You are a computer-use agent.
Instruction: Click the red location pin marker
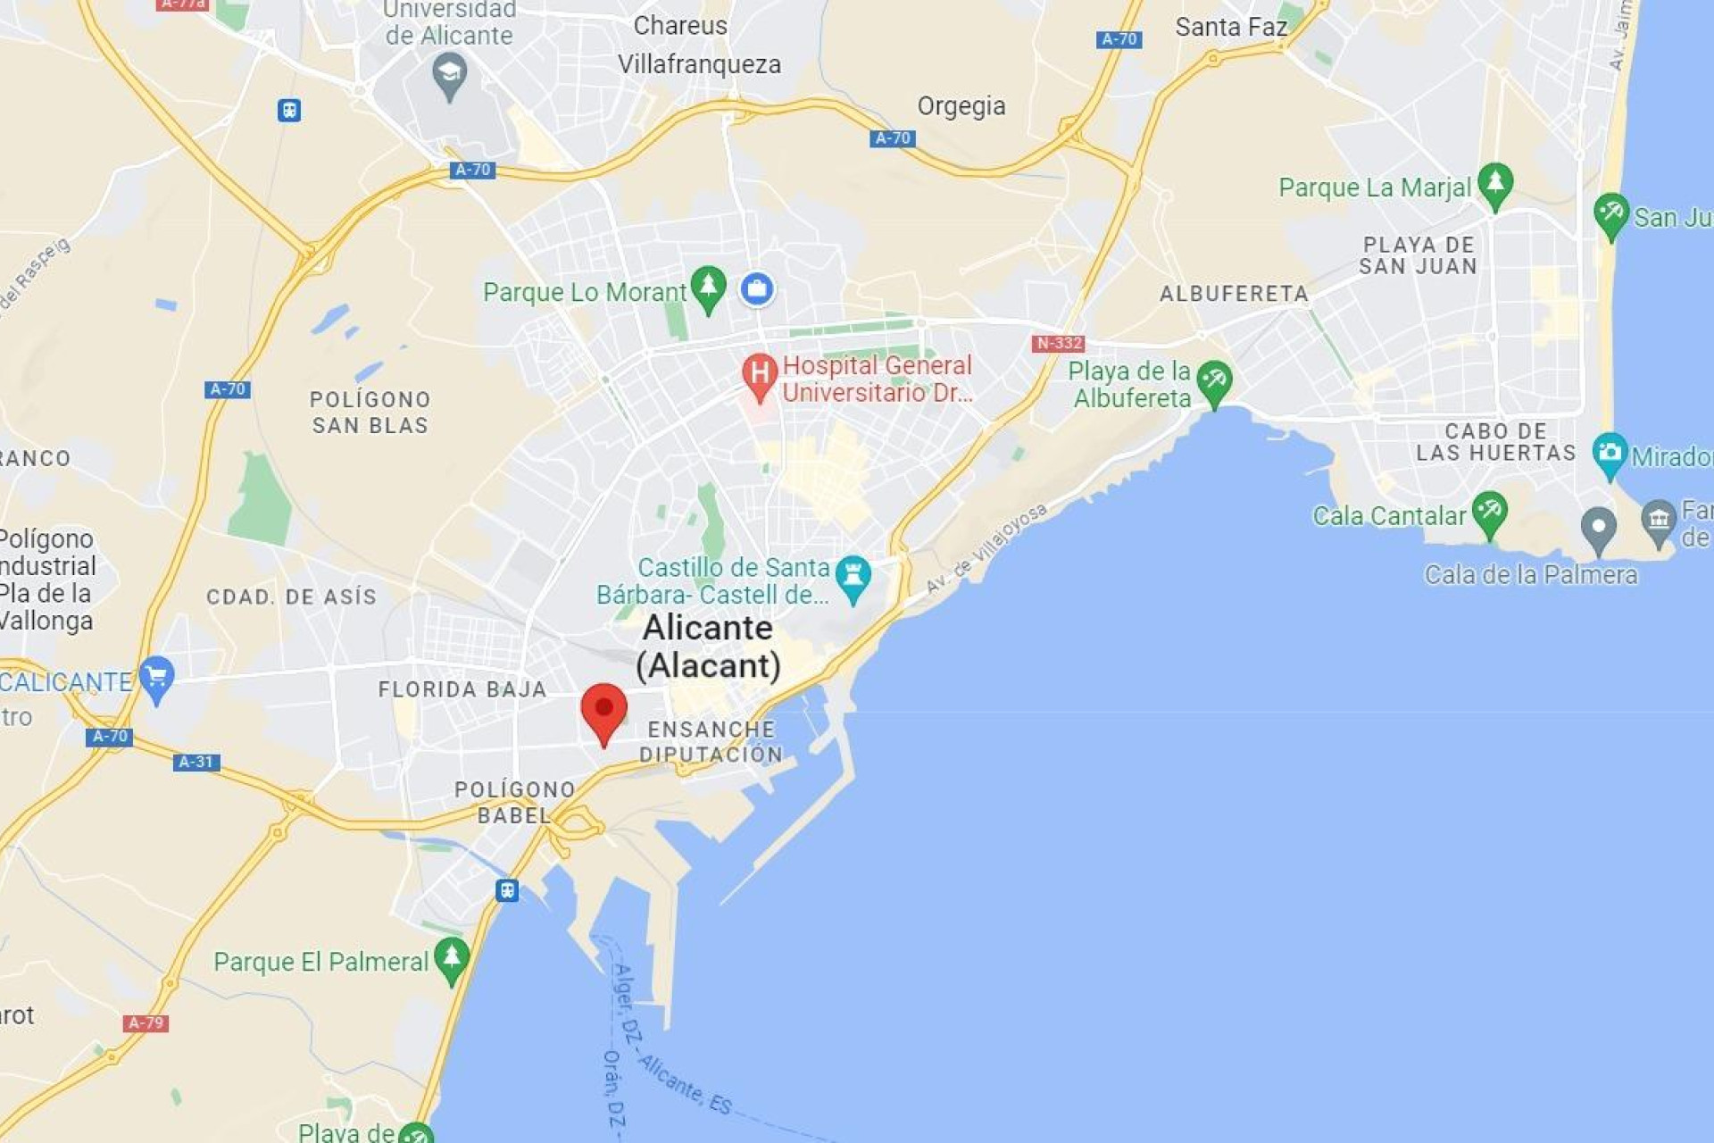pyautogui.click(x=603, y=711)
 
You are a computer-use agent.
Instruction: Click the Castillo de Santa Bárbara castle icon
pyautogui.click(x=853, y=576)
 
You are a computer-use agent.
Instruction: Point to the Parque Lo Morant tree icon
pyautogui.click(x=708, y=288)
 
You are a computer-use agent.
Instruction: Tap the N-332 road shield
pyautogui.click(x=1058, y=343)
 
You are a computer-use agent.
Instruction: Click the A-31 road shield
pyautogui.click(x=196, y=762)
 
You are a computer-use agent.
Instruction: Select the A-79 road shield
pyautogui.click(x=146, y=1022)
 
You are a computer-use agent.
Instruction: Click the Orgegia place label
pyautogui.click(x=961, y=106)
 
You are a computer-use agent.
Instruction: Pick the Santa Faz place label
pyautogui.click(x=1231, y=27)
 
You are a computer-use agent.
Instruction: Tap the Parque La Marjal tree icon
pyautogui.click(x=1494, y=184)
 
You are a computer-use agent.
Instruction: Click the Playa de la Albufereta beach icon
pyautogui.click(x=1214, y=382)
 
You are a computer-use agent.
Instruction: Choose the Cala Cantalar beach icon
pyautogui.click(x=1489, y=513)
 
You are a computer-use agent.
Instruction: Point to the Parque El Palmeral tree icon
pyautogui.click(x=452, y=958)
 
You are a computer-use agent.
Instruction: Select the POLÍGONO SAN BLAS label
pyautogui.click(x=370, y=412)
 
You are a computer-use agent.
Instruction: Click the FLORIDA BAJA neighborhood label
pyautogui.click(x=462, y=689)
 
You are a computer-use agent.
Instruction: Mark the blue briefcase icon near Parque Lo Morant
pyautogui.click(x=757, y=288)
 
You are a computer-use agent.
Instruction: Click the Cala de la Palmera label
pyautogui.click(x=1531, y=574)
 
